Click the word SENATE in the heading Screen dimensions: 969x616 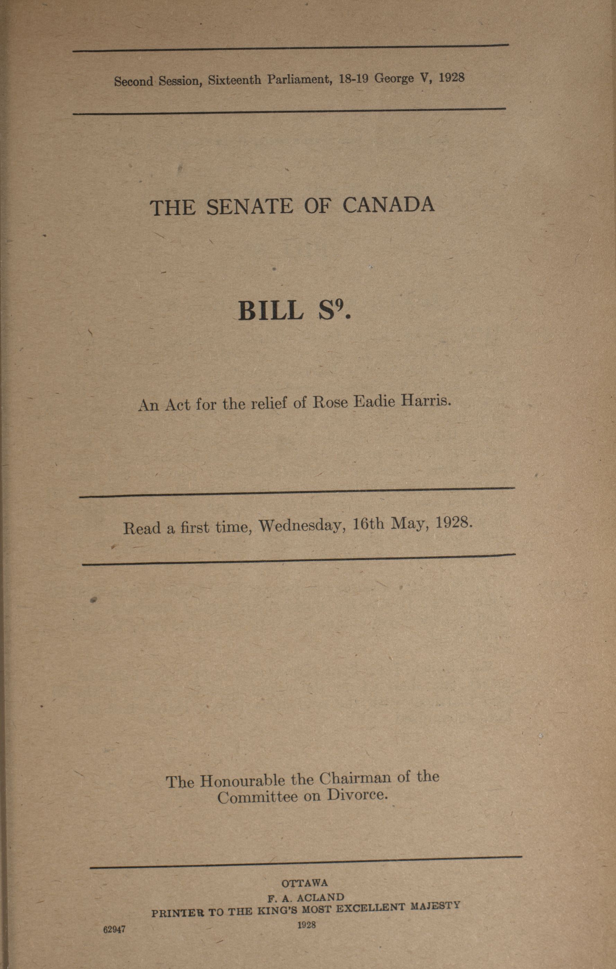click(250, 207)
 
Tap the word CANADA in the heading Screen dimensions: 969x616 click(389, 205)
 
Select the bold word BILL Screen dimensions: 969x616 click(271, 311)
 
